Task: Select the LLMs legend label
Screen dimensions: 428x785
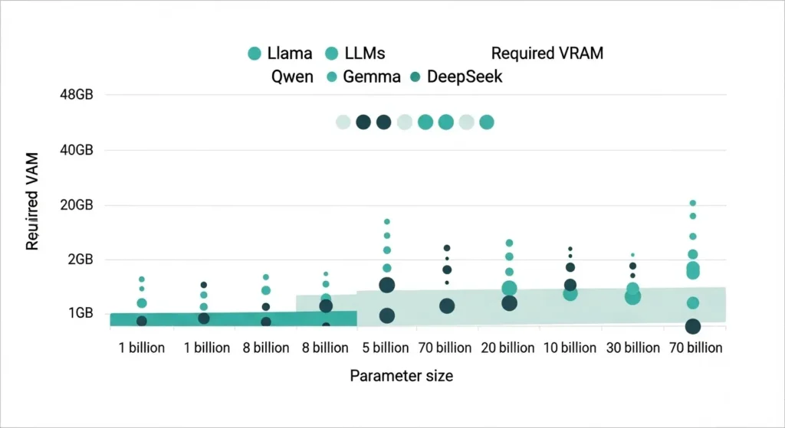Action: [365, 54]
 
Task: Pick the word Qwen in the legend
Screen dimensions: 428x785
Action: [292, 77]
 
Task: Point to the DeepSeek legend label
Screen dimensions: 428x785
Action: [465, 77]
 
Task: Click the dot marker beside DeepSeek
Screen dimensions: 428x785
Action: [415, 77]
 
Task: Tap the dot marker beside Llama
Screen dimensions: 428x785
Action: [255, 54]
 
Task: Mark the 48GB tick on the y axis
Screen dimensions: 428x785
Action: [76, 95]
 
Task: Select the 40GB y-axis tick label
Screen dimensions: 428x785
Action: [76, 150]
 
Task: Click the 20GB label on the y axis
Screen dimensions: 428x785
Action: [76, 205]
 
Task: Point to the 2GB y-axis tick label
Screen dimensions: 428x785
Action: [79, 260]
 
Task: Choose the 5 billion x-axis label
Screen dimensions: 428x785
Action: [386, 348]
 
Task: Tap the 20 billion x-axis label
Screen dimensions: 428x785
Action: [507, 348]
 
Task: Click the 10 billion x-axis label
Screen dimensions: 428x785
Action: [570, 348]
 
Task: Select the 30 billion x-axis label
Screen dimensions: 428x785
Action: [632, 348]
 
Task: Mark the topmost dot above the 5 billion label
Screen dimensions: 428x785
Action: [387, 222]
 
